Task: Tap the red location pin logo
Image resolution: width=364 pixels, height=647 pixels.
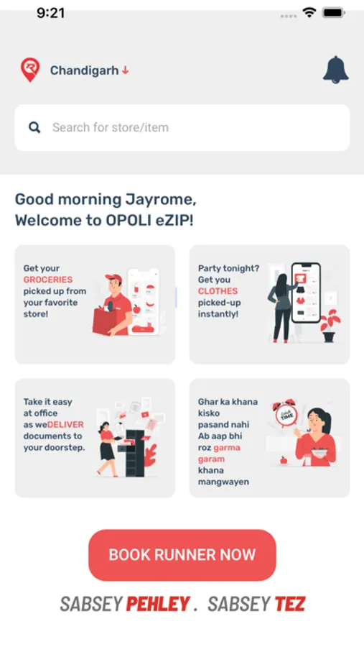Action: point(30,69)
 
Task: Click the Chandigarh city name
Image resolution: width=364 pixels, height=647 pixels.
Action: point(85,70)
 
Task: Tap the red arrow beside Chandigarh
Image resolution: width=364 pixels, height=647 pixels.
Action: point(126,70)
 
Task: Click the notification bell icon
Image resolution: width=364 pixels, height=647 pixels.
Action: point(335,69)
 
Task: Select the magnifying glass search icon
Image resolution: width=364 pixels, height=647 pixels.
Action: point(34,127)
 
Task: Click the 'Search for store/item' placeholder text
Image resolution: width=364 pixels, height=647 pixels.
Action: point(111,127)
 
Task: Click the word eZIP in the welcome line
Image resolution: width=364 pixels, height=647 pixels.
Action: point(173,221)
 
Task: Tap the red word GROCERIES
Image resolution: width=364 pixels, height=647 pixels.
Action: point(48,280)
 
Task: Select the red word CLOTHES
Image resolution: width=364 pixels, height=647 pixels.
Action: point(218,291)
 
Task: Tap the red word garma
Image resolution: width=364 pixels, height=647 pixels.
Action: point(227,448)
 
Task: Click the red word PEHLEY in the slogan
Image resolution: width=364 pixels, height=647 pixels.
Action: point(158,604)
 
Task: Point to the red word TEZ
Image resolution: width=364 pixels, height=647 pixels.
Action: point(290,604)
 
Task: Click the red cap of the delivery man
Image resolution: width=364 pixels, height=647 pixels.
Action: point(113,277)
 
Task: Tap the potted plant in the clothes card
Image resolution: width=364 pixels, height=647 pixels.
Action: point(330,325)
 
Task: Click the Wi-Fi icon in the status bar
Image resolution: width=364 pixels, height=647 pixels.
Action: point(309,13)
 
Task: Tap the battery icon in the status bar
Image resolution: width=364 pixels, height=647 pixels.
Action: point(334,13)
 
